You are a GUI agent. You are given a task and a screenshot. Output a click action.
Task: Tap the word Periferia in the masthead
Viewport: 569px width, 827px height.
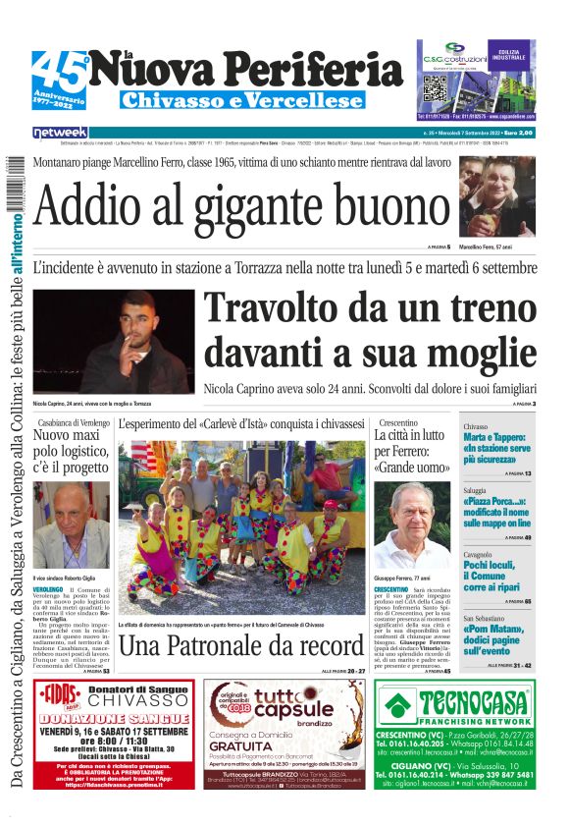click(311, 70)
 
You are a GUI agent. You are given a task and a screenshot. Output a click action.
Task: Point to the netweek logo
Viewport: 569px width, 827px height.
click(61, 133)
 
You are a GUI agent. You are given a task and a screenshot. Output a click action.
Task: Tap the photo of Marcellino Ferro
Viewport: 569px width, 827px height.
click(498, 197)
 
